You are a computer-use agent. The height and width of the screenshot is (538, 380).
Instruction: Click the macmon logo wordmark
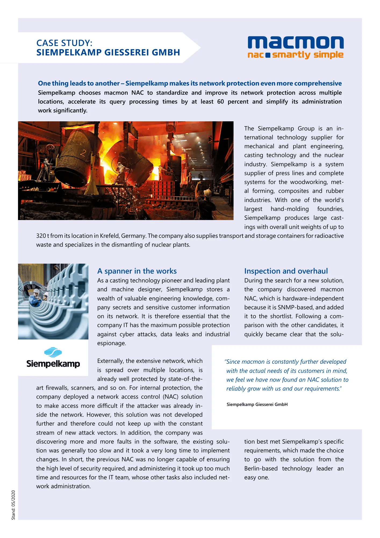[296, 43]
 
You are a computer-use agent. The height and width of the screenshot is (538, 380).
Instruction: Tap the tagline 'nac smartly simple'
[296, 55]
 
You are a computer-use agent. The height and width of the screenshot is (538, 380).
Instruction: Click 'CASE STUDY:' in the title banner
[64, 43]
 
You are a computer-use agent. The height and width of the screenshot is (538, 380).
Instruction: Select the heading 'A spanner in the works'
[137, 271]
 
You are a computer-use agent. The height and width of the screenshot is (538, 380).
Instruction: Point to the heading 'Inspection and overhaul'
[286, 271]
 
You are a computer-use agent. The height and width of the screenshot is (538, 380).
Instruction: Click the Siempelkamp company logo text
[53, 364]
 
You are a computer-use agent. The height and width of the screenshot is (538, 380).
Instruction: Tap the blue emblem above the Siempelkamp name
[53, 352]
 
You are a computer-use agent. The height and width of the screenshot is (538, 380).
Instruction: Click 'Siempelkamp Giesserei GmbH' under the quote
[257, 404]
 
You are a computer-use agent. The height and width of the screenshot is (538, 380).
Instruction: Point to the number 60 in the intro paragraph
[220, 102]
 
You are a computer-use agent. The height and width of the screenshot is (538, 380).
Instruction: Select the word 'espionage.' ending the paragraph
[112, 343]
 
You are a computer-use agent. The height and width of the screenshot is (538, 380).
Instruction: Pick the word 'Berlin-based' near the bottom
[261, 469]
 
